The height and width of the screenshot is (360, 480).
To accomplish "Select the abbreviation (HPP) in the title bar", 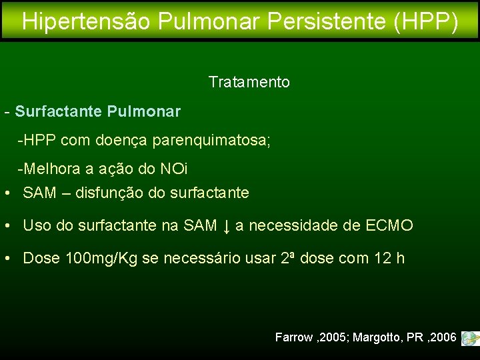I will pos(426,21).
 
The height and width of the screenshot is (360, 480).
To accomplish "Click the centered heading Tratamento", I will pos(249,82).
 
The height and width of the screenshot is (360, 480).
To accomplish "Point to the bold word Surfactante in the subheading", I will pos(58,111).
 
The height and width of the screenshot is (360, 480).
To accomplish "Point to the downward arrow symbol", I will pos(226,226).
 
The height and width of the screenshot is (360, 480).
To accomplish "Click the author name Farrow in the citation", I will pos(293,337).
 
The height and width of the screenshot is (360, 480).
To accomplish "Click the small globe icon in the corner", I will pos(469,338).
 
